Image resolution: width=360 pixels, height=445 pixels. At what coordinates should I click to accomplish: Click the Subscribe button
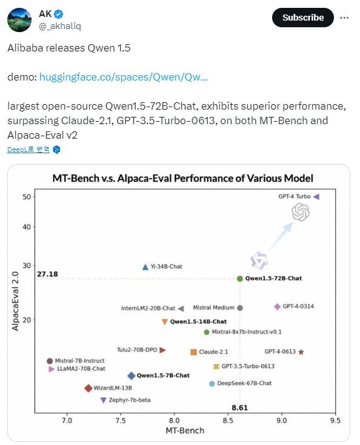click(x=302, y=18)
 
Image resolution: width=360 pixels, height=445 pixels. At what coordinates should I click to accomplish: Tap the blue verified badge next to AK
click(x=59, y=13)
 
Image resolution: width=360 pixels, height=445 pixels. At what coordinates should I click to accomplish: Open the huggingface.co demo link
click(x=124, y=77)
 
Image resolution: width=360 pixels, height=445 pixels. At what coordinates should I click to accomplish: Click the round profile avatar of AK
click(x=19, y=20)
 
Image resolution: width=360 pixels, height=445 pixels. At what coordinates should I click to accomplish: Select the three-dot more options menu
click(x=344, y=18)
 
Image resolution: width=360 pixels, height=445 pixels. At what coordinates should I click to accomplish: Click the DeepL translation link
click(x=28, y=150)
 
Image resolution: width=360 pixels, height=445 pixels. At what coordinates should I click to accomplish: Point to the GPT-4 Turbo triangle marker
click(x=316, y=196)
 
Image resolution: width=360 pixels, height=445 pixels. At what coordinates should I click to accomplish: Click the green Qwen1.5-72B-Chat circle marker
click(x=240, y=279)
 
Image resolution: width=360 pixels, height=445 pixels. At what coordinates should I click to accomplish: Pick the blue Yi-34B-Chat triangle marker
click(x=145, y=267)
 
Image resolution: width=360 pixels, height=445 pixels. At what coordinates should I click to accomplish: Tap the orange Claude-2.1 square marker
click(x=193, y=352)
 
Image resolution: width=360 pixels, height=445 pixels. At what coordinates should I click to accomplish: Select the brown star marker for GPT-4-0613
click(x=301, y=352)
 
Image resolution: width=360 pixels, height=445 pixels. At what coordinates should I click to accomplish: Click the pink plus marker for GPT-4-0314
click(x=277, y=306)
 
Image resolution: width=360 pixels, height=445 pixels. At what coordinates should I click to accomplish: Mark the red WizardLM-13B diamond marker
click(x=88, y=388)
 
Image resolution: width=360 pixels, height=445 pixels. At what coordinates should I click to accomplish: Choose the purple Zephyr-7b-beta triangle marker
click(x=104, y=400)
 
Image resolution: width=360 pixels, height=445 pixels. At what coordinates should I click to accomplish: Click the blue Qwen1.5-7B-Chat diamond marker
click(x=132, y=376)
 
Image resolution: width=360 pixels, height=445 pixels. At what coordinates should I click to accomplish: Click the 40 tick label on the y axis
click(x=27, y=227)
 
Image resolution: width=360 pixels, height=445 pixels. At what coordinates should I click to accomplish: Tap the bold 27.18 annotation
click(x=47, y=274)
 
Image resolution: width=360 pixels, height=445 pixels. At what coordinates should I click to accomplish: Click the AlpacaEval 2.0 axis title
click(x=15, y=301)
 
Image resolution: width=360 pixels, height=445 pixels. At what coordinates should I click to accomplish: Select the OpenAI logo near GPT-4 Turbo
click(x=301, y=213)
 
